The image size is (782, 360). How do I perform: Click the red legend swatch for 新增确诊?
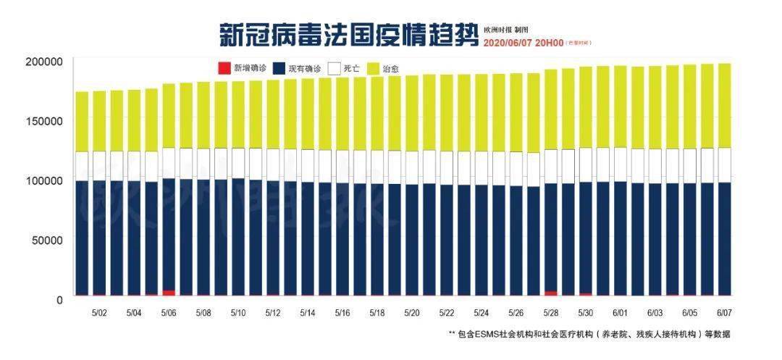tap(224, 69)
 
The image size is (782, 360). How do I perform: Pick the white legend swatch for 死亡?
tap(334, 69)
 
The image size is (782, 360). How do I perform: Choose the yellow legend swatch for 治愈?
tap(372, 69)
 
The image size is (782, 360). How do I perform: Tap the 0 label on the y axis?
tap(61, 298)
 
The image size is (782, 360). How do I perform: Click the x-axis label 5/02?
tap(99, 314)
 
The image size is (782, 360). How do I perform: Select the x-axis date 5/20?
tap(412, 314)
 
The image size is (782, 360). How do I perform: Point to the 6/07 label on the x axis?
tap(724, 314)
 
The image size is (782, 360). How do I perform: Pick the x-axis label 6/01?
tap(621, 314)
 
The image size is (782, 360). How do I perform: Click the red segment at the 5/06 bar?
tap(169, 293)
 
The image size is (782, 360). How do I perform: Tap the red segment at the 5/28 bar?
tap(550, 293)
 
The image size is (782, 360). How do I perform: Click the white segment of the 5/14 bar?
tap(308, 165)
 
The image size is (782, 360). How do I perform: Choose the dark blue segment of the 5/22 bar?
tap(447, 239)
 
